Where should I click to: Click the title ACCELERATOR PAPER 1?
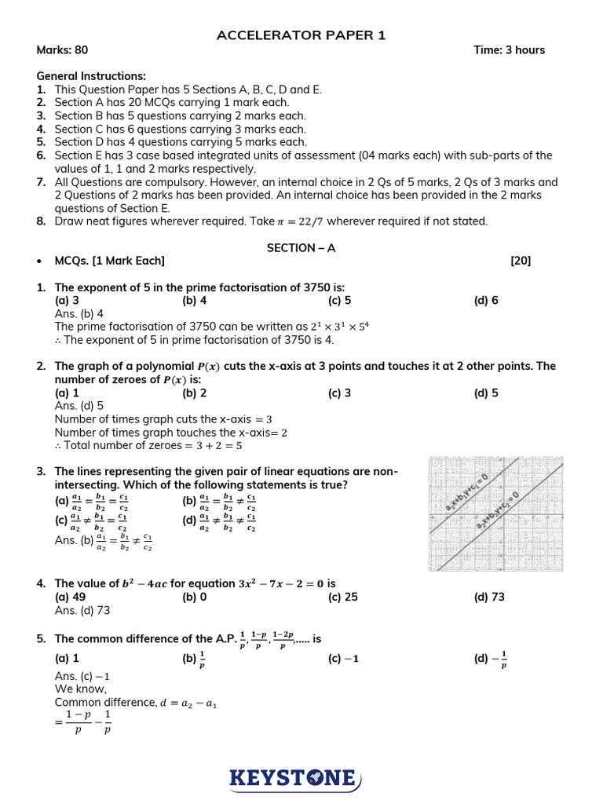(301, 35)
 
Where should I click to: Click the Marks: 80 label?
(62, 50)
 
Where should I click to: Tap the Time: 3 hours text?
(509, 50)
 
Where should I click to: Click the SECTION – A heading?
(301, 248)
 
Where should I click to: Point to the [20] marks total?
(520, 261)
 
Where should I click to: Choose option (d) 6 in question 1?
(486, 300)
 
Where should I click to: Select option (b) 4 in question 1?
(195, 300)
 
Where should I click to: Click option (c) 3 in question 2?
(339, 393)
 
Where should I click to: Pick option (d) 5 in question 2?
(486, 393)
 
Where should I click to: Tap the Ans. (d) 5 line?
(79, 406)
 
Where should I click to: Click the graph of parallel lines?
(495, 514)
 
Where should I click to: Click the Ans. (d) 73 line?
(82, 610)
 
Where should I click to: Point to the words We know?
(81, 689)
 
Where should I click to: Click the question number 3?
(41, 471)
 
